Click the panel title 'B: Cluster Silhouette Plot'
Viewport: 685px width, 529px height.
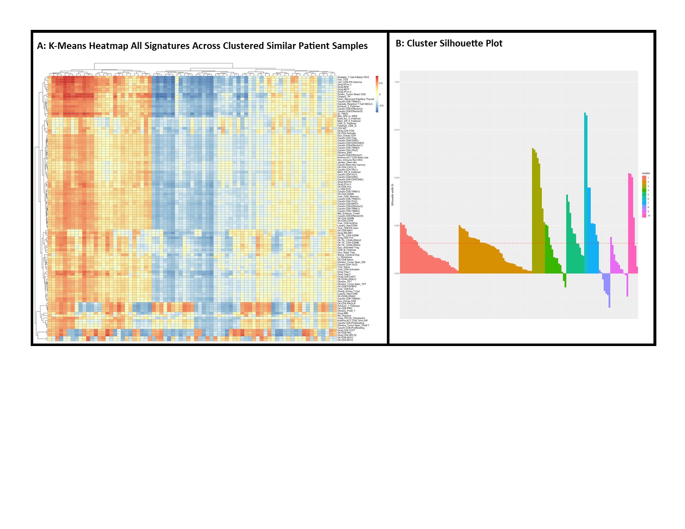point(449,44)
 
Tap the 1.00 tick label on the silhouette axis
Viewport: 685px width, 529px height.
point(396,82)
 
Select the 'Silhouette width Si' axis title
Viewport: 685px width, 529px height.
point(392,195)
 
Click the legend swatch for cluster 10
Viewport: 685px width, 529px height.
point(644,216)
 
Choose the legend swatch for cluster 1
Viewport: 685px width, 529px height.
point(644,178)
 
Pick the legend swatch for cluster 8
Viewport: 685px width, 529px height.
point(644,207)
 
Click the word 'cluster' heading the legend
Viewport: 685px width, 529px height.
point(646,173)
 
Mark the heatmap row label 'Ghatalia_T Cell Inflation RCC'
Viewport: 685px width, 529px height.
point(353,77)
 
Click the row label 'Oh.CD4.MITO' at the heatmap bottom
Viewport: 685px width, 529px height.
point(345,340)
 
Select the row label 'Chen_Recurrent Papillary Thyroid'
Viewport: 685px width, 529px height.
point(356,99)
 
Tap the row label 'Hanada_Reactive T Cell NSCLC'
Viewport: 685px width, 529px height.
point(355,104)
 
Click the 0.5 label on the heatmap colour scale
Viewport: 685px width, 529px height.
point(381,83)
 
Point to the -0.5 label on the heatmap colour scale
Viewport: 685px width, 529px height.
point(381,106)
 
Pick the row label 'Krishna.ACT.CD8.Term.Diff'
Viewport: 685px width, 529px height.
point(352,321)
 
